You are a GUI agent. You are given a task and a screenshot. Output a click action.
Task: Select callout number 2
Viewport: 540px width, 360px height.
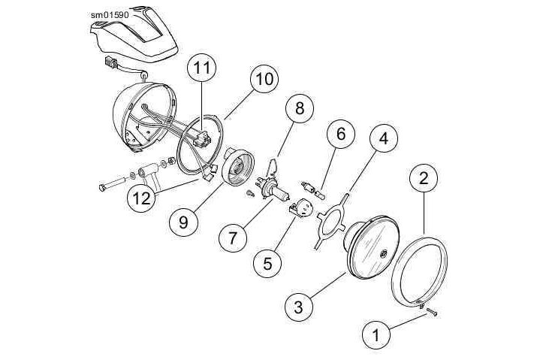point(424,178)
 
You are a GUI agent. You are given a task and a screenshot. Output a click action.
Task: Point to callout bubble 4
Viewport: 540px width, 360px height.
point(383,139)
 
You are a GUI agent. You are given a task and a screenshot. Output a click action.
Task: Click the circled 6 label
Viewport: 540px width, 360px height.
point(340,135)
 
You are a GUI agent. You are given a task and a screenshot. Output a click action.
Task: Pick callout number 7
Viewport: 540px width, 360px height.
point(234,238)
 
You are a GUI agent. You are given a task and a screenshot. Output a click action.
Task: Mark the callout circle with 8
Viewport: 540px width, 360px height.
point(300,110)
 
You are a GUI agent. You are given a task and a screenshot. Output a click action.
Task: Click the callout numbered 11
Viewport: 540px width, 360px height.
point(199,68)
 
